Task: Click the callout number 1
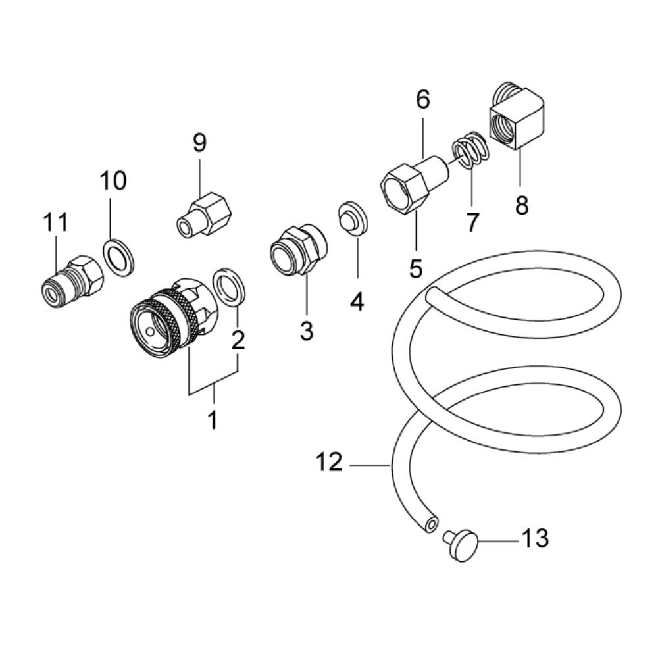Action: click(x=213, y=418)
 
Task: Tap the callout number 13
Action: click(x=535, y=539)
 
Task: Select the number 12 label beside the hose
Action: click(x=329, y=463)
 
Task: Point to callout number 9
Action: click(x=199, y=142)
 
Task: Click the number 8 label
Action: click(x=521, y=205)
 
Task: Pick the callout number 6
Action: click(x=422, y=100)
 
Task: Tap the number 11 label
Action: click(x=56, y=222)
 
